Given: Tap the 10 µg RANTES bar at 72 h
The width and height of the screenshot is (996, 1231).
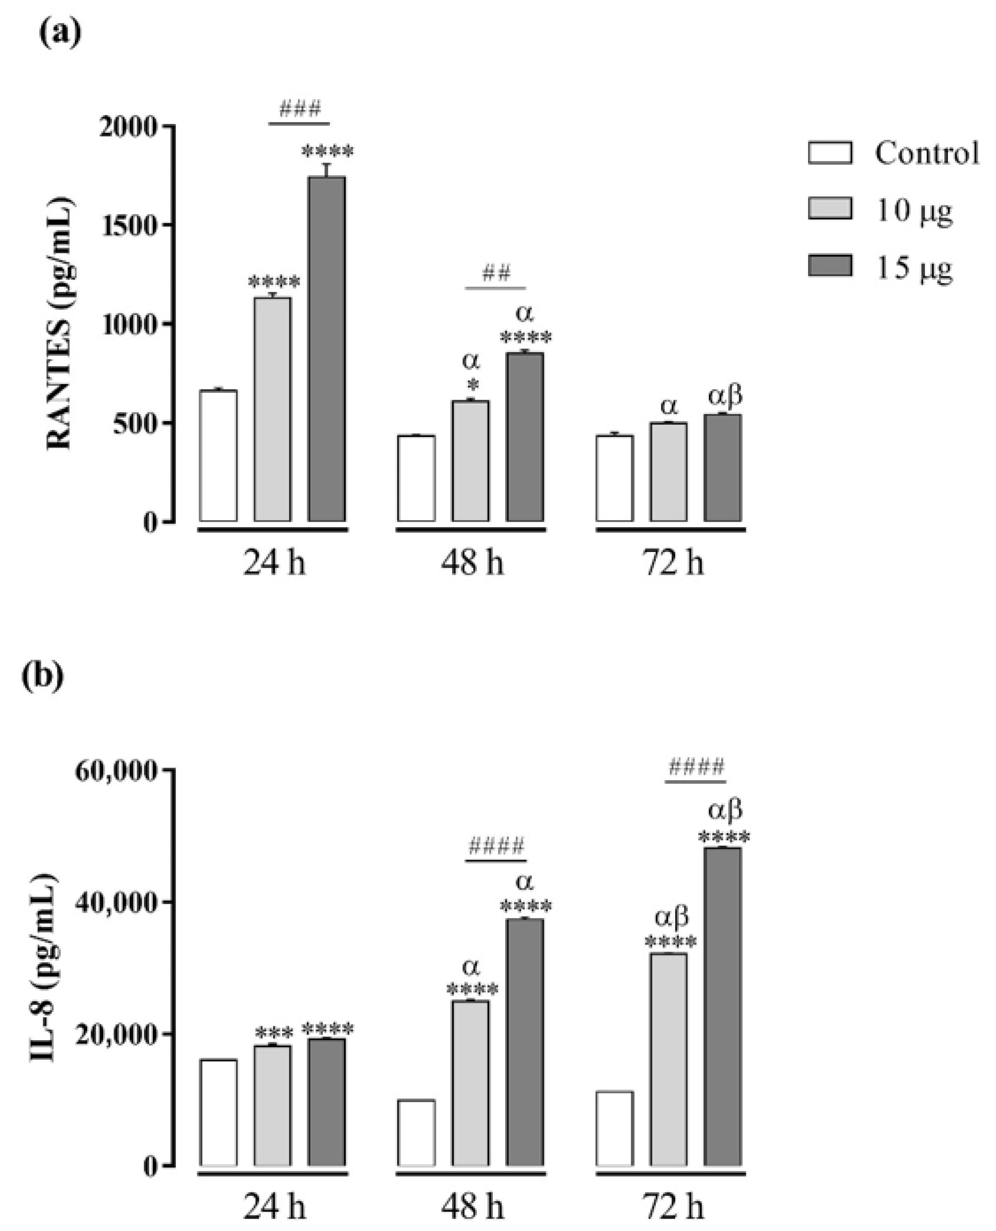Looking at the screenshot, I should (668, 472).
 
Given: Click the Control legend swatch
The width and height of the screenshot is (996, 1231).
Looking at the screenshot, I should (829, 153).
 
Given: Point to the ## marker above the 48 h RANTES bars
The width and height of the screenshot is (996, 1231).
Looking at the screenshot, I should (496, 274).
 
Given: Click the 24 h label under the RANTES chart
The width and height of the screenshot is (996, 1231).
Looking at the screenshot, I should (274, 563).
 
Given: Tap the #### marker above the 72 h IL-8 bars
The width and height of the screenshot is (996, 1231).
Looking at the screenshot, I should (696, 768).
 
